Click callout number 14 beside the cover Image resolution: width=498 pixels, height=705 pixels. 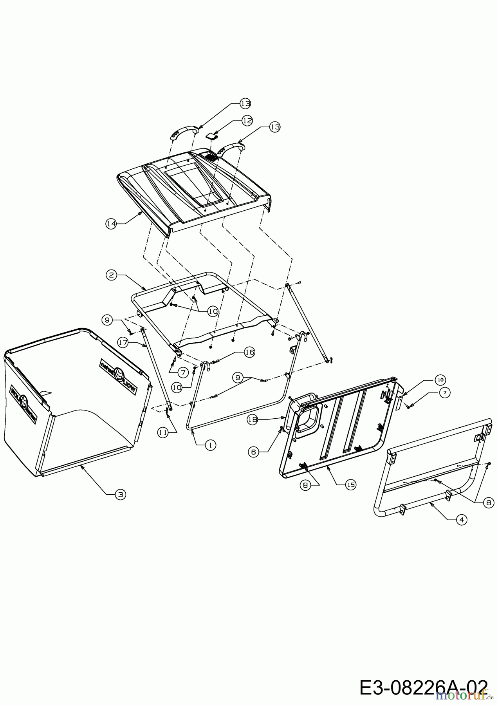pos(111,224)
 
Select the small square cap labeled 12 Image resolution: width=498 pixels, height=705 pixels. pos(211,136)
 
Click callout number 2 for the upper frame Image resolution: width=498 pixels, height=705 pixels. pos(112,275)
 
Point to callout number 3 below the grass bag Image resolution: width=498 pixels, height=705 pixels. pos(121,495)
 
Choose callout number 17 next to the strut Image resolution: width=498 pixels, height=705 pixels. pos(123,342)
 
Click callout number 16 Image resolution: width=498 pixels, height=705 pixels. pos(249,352)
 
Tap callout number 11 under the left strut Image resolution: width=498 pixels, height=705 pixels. pos(163,432)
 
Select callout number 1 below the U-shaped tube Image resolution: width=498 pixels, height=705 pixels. pos(210,445)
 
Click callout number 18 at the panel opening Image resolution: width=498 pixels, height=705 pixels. pos(252,419)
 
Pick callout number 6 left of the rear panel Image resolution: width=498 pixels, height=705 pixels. pos(253,452)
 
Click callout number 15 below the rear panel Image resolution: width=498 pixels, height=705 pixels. pos(350,484)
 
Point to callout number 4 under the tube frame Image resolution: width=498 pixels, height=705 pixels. pos(462,519)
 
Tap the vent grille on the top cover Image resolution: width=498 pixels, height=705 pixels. pos(211,156)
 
